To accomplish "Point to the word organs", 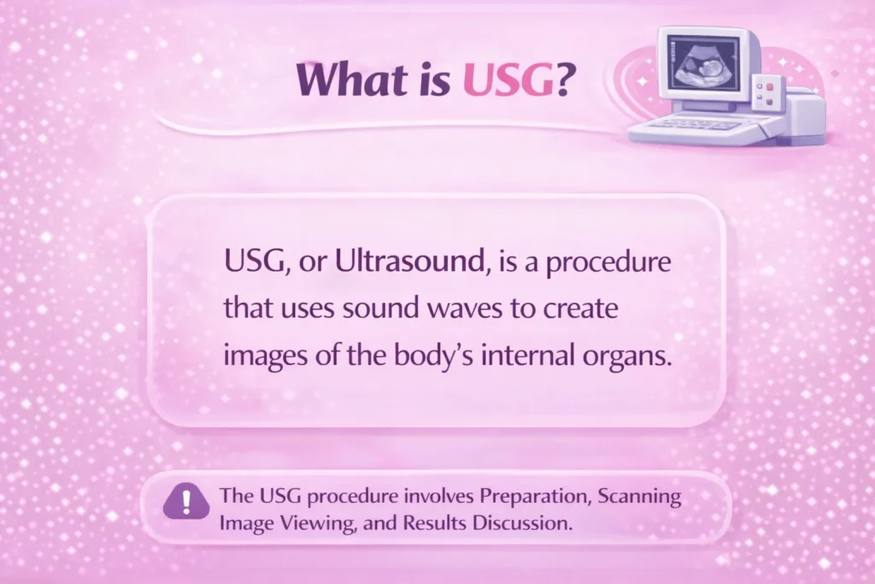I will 625,356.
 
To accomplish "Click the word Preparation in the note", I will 522,496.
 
